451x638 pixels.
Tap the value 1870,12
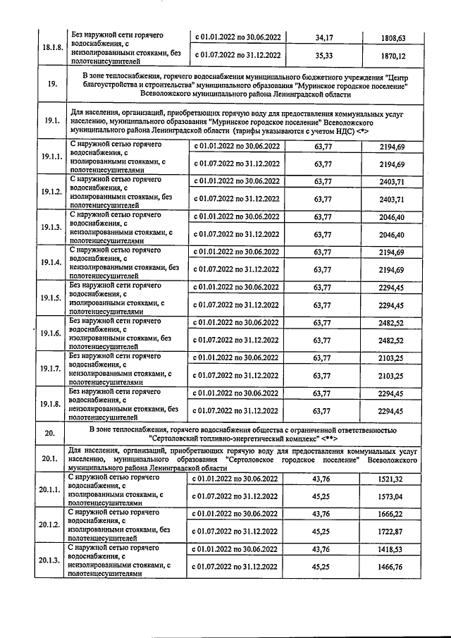coord(391,55)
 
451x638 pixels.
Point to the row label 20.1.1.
coord(51,490)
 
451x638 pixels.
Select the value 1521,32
coord(391,479)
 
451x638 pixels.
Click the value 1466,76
coord(391,567)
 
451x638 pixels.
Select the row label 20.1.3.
coord(51,560)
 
